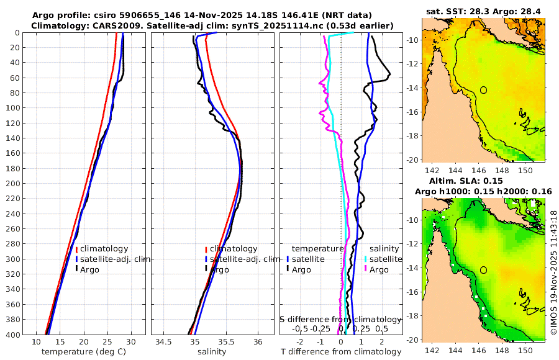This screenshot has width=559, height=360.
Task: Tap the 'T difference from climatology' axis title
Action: [x=342, y=352]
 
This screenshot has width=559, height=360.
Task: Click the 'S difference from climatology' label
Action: [x=340, y=318]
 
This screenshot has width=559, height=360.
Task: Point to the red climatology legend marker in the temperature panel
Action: [x=69, y=249]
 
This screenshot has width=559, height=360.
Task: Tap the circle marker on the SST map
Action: [x=483, y=90]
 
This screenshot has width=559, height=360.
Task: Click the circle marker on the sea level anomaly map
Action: [x=483, y=270]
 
